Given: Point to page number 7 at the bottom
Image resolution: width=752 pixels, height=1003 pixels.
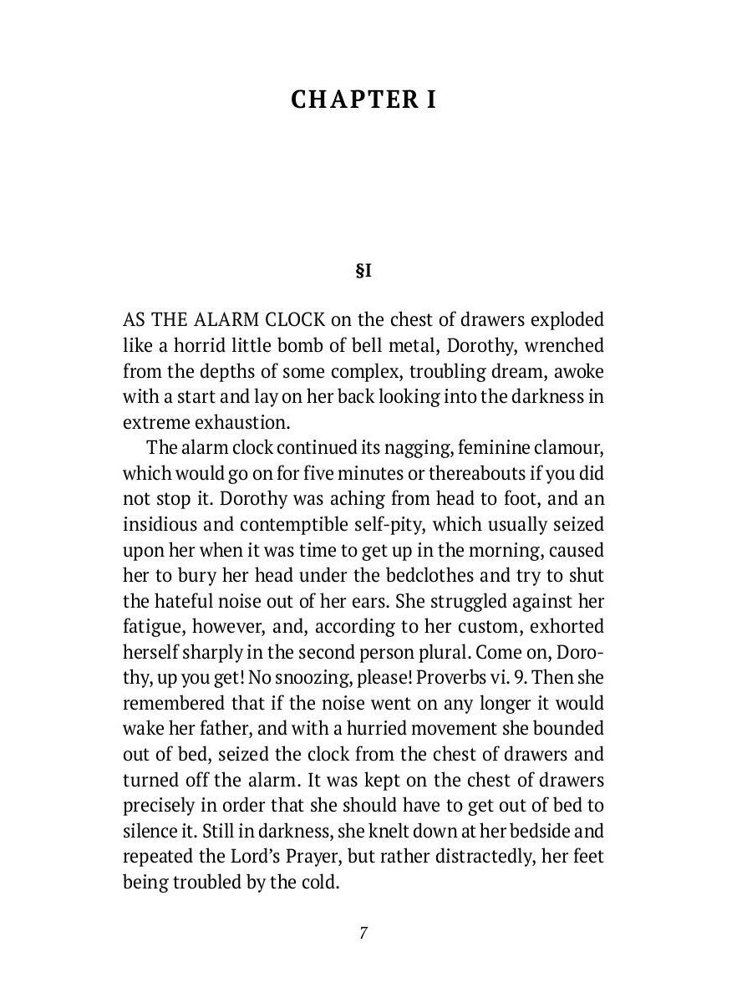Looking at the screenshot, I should (363, 934).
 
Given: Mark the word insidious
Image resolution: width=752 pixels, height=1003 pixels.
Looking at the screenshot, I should (160, 524).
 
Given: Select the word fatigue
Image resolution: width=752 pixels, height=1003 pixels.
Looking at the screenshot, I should (154, 627).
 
